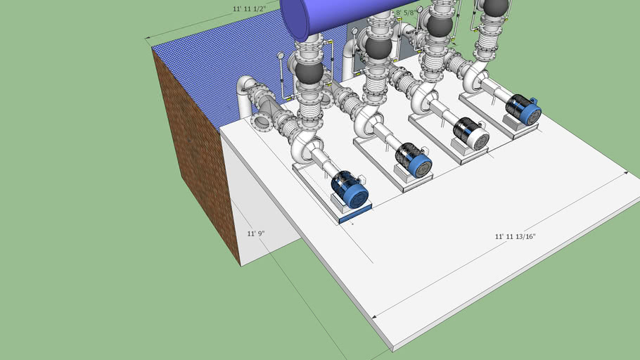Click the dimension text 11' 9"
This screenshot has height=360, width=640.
pos(255,233)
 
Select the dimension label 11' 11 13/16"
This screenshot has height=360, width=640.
pos(516,236)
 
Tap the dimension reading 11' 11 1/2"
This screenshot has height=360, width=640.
pos(250,9)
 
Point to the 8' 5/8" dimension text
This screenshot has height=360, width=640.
pos(408,13)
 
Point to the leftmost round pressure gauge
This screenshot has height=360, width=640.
pos(281,56)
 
